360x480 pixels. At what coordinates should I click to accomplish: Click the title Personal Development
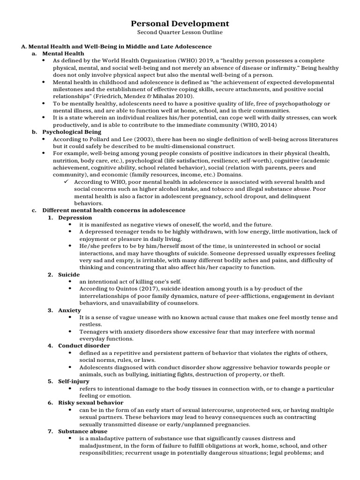(x=180, y=23)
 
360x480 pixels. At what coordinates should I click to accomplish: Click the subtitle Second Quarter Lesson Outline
(x=180, y=32)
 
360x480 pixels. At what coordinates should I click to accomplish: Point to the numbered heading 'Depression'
(x=75, y=217)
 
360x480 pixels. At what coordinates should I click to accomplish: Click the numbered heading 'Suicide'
(x=69, y=274)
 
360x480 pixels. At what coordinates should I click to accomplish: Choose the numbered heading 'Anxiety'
(x=69, y=310)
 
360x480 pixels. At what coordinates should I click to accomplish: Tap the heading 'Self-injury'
(x=74, y=382)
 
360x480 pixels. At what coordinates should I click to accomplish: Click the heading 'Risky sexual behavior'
(x=90, y=403)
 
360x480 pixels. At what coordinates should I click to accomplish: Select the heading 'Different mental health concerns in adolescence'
(x=113, y=210)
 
